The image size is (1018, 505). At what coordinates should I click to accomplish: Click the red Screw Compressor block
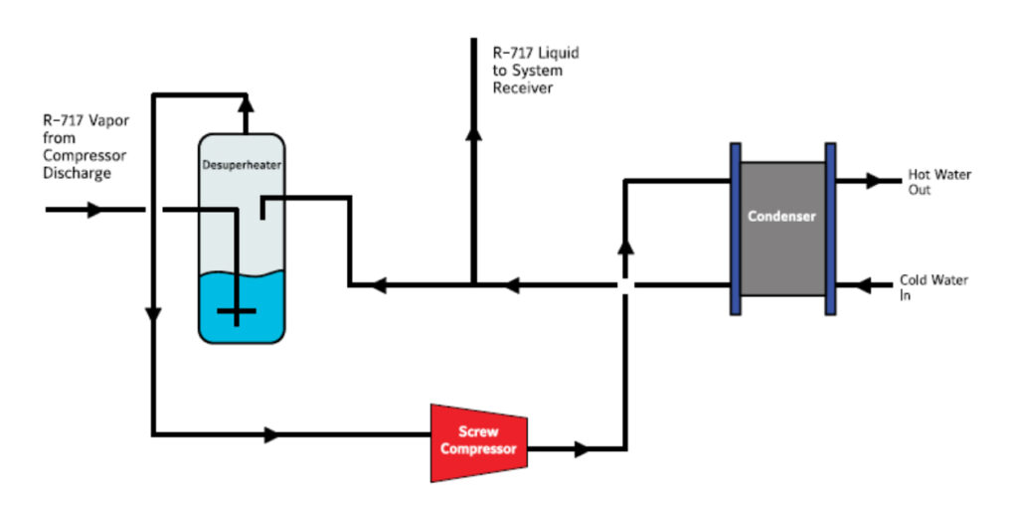pyautogui.click(x=478, y=441)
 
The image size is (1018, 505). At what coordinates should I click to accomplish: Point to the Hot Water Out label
pyautogui.click(x=938, y=182)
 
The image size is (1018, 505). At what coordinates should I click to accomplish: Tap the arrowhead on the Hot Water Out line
pyautogui.click(x=875, y=181)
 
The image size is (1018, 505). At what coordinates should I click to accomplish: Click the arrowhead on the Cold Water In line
pyautogui.click(x=864, y=286)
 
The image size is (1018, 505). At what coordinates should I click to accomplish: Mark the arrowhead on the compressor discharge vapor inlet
pyautogui.click(x=94, y=210)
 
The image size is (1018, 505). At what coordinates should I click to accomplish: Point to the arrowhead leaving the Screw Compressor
pyautogui.click(x=582, y=449)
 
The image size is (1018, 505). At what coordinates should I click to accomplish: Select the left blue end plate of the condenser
pyautogui.click(x=736, y=229)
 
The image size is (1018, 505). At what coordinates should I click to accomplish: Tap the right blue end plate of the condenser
pyautogui.click(x=830, y=229)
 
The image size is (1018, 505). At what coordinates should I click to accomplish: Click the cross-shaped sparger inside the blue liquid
pyautogui.click(x=237, y=311)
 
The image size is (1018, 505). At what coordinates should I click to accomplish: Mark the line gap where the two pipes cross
pyautogui.click(x=623, y=285)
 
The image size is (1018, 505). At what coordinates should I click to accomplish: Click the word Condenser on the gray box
pyautogui.click(x=782, y=216)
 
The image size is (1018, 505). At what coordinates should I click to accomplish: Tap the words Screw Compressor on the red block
pyautogui.click(x=478, y=440)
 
